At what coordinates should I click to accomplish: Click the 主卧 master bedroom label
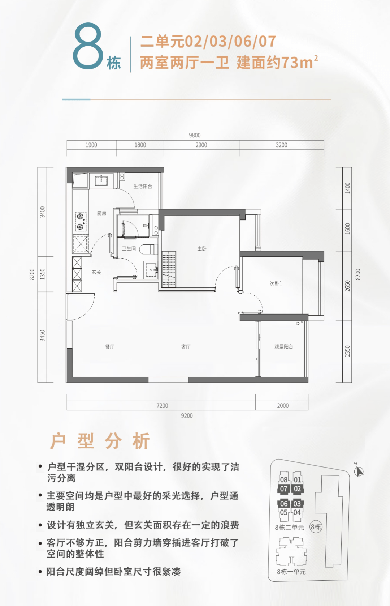click(x=202, y=248)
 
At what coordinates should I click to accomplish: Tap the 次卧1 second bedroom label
click(x=276, y=283)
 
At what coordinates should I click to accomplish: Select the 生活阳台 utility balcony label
click(x=143, y=186)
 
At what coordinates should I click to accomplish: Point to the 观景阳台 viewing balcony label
click(x=284, y=346)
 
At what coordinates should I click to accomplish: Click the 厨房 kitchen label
click(x=101, y=213)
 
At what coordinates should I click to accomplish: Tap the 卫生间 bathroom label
click(x=129, y=248)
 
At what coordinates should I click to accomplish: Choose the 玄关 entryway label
click(x=96, y=272)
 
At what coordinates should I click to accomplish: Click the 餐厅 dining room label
click(x=110, y=346)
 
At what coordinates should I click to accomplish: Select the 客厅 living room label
click(x=186, y=346)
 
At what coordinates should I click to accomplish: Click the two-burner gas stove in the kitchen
click(x=81, y=221)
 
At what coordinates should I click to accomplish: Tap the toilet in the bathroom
click(x=148, y=249)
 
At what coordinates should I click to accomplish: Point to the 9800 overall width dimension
click(x=195, y=135)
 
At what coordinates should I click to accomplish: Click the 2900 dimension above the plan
click(x=201, y=145)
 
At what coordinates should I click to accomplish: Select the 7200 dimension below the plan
click(x=162, y=406)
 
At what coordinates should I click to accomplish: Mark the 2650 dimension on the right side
click(x=347, y=286)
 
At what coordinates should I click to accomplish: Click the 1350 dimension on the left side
click(x=42, y=274)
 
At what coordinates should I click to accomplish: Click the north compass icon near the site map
click(x=359, y=471)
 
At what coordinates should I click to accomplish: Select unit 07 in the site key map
click(x=283, y=488)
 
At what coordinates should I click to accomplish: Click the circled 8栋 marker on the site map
click(x=316, y=527)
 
